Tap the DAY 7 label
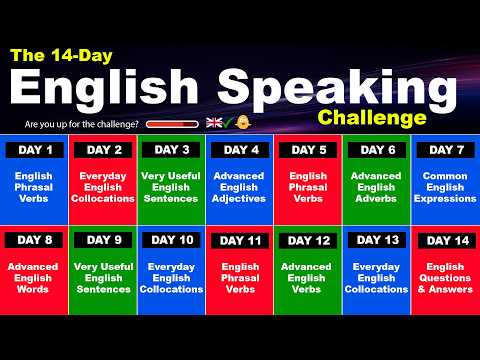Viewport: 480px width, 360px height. tap(445, 150)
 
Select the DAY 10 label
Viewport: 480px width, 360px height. tap(172, 240)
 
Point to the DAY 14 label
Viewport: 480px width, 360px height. tap(445, 240)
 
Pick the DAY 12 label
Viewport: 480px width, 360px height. tap(308, 240)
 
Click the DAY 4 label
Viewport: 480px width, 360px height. tap(240, 150)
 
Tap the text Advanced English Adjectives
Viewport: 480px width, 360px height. tap(240, 187)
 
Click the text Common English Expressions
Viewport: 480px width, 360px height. tap(445, 187)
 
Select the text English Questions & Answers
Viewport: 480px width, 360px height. tap(445, 277)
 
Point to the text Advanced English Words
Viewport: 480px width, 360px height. tap(35, 277)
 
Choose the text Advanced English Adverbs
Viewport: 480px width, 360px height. tap(377, 187)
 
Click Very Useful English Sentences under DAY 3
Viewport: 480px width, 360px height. tap(172, 187)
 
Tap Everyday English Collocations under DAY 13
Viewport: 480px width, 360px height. tap(377, 277)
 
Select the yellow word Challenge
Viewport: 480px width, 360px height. tap(372, 118)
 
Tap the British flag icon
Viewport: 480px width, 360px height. tap(213, 122)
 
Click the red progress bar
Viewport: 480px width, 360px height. tap(172, 123)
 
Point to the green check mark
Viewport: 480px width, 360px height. tap(229, 122)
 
